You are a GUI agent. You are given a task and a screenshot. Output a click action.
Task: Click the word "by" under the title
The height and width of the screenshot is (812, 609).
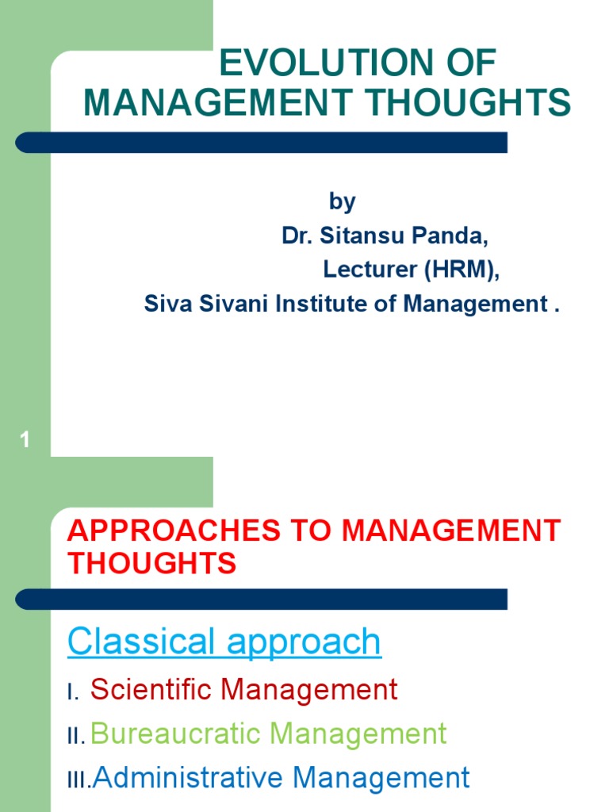pos(342,202)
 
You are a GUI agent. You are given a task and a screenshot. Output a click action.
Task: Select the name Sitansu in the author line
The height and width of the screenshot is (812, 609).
pos(359,236)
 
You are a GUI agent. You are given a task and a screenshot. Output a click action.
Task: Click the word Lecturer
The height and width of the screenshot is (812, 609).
pos(370,270)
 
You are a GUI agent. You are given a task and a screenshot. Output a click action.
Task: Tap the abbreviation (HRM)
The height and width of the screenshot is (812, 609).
pos(462,270)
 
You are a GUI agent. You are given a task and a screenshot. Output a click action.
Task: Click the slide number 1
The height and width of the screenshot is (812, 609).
pos(25,440)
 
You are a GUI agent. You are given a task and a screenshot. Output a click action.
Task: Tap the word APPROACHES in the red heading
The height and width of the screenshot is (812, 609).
pos(174,530)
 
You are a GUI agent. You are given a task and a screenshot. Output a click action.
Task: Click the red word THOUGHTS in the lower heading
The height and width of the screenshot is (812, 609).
pos(151,563)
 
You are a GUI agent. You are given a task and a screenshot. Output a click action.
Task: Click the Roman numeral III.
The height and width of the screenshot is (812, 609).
pos(79,781)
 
